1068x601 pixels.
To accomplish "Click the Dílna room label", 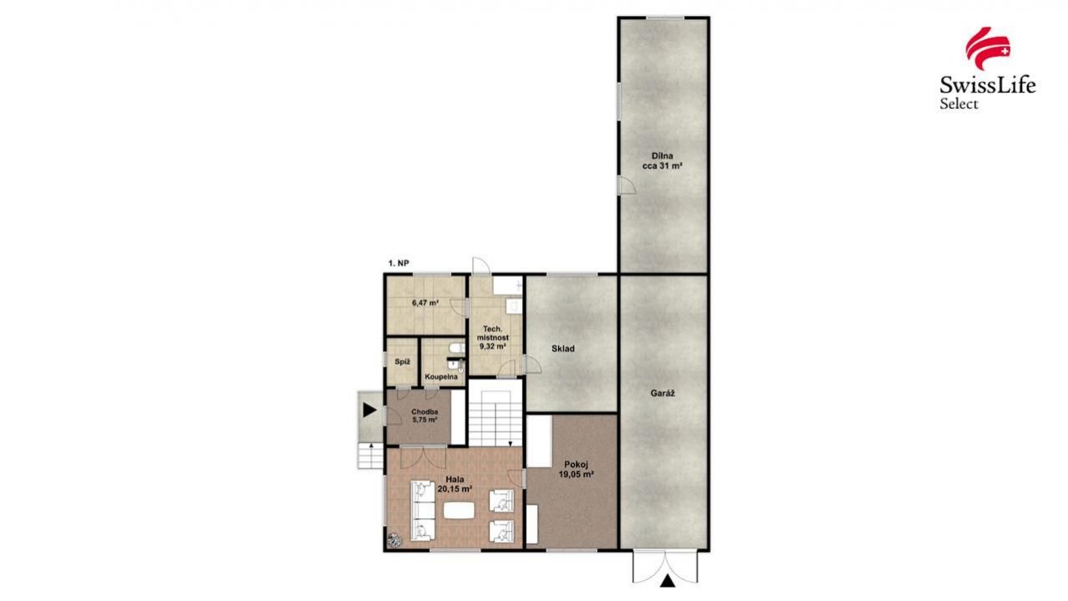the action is (x=662, y=156).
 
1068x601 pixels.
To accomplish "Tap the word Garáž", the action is (x=663, y=394).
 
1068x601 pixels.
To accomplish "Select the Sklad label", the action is (x=563, y=349).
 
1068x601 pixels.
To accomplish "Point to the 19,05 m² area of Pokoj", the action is (x=576, y=474).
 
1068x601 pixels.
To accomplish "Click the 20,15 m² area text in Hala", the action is (x=455, y=488).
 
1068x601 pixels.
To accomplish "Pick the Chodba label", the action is (x=425, y=411).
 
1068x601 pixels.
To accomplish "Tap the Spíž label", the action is (x=403, y=362).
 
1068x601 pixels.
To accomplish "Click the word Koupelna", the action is (x=441, y=377).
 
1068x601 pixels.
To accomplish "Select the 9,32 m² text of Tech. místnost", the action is (x=493, y=346).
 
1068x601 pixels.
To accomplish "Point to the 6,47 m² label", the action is (x=425, y=303).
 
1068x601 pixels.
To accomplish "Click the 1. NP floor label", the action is (x=399, y=263).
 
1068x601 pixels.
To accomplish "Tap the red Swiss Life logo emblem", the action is (x=988, y=48).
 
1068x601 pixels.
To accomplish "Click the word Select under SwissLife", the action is (x=959, y=104).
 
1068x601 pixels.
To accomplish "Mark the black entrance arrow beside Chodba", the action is (x=369, y=410).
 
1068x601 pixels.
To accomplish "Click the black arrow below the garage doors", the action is (x=668, y=581).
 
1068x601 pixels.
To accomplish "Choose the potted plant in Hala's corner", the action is (x=394, y=541).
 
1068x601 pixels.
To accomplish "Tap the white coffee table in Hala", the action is (x=459, y=512).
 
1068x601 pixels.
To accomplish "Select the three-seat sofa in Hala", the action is (x=423, y=511).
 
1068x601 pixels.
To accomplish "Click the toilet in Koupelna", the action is (x=456, y=348).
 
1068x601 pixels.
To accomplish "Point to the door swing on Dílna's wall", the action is (x=628, y=185).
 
